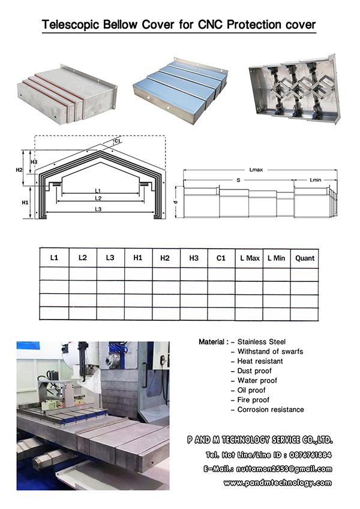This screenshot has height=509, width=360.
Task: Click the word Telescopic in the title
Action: click(71, 25)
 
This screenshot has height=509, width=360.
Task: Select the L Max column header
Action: click(250, 258)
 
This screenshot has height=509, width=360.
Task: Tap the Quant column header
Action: click(305, 258)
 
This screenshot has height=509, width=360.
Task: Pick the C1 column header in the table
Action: click(221, 258)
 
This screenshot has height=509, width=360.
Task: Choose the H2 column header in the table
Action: click(165, 258)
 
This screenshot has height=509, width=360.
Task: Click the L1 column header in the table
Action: click(54, 258)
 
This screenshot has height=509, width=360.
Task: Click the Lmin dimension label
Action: click(316, 179)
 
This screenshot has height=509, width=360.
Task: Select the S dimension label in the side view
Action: click(238, 179)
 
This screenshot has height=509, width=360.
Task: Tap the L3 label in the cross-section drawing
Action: click(98, 209)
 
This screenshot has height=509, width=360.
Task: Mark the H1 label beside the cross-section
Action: click(25, 203)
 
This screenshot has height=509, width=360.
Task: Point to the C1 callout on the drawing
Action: click(118, 141)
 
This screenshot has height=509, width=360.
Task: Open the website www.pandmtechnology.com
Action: click(277, 483)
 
